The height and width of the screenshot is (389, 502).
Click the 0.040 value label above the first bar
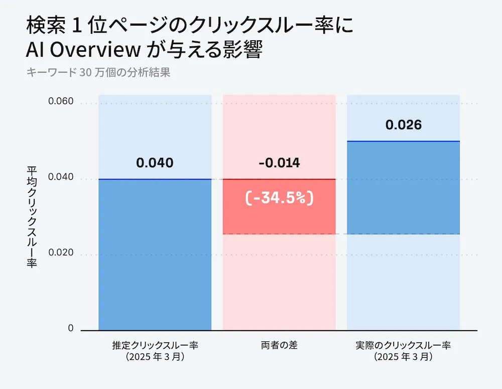pos(155,163)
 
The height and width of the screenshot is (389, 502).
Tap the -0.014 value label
pos(279,163)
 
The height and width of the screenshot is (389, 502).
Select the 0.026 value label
pos(404,125)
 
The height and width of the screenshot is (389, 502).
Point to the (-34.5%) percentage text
pos(279,199)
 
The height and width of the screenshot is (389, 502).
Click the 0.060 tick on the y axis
pos(61,102)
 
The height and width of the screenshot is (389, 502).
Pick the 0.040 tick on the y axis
pos(61,177)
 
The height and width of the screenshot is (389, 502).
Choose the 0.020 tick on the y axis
pos(61,253)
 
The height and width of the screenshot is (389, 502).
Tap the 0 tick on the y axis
pos(70,328)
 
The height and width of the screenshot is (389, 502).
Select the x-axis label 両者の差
pos(279,346)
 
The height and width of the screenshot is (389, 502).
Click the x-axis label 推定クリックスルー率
pos(155,346)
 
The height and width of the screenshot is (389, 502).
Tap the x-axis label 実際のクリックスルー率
pos(404,346)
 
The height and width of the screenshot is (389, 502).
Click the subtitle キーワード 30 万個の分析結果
pos(98,72)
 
